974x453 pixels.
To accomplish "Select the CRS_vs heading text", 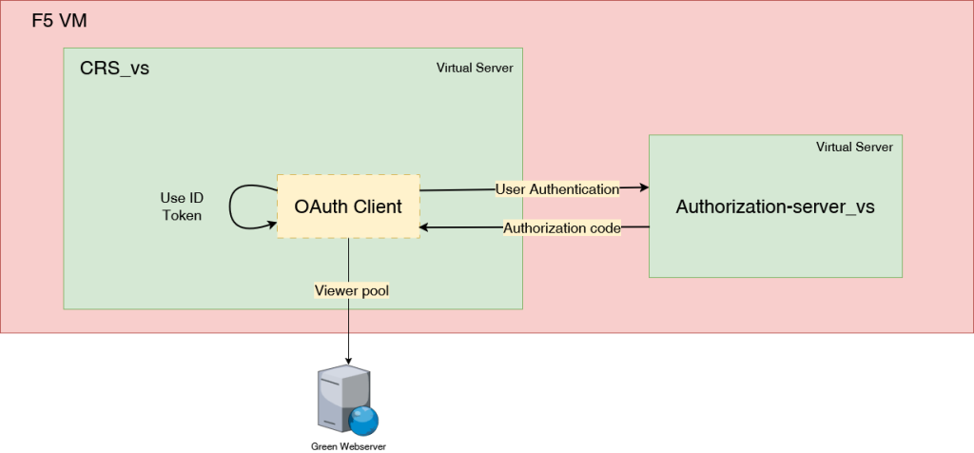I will tap(114, 69).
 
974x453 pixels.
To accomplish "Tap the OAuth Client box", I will tap(348, 207).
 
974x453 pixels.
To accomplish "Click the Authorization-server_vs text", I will tap(775, 207).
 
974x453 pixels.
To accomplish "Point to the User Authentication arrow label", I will tap(557, 189).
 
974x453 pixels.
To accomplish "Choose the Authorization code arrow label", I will tap(562, 228).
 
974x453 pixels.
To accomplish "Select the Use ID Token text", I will tap(181, 207).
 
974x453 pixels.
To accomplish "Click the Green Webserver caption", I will tap(349, 445).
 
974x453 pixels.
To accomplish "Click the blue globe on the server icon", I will tap(362, 420).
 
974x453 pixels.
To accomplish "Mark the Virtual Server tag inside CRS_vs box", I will tap(475, 69).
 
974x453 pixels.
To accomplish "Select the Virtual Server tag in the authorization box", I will tap(854, 148).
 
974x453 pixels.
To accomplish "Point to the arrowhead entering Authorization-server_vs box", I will tap(644, 188).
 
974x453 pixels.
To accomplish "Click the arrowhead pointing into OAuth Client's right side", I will tap(426, 227).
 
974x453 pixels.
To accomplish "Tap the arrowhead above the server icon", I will tap(348, 357).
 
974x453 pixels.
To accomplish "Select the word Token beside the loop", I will tap(181, 216).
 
